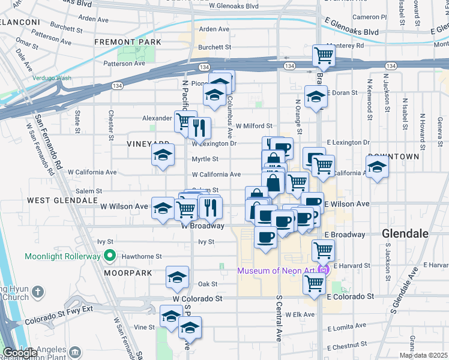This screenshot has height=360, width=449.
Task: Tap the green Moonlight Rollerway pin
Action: click(x=109, y=256)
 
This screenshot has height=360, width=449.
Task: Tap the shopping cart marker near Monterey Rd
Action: click(x=324, y=56)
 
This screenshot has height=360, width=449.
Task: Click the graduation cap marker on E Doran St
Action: click(x=315, y=96)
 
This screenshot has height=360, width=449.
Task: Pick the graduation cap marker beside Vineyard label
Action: click(x=162, y=155)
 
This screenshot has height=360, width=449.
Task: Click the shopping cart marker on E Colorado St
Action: click(x=315, y=284)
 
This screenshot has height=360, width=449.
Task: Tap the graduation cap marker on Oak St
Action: click(x=176, y=277)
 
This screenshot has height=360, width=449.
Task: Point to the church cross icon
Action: click(x=38, y=292)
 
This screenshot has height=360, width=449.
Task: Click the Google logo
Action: click(x=20, y=353)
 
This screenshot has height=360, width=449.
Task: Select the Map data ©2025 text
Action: click(x=423, y=355)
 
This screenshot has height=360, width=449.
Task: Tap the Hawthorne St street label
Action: click(x=142, y=256)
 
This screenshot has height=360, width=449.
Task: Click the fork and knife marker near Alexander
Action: click(x=199, y=127)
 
